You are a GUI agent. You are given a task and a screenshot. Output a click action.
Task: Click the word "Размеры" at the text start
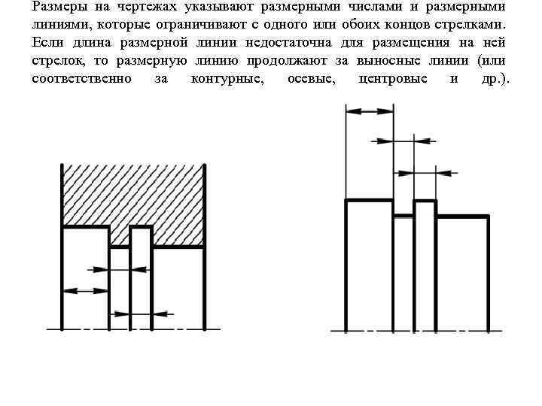pos(59,7)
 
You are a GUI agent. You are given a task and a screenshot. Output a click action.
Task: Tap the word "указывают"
pos(221,7)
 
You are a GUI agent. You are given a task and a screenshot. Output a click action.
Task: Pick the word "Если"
pos(46,43)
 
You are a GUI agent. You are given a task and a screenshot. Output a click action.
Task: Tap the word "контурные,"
pos(228,79)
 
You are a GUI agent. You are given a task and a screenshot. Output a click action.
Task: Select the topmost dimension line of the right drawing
pos(369,111)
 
